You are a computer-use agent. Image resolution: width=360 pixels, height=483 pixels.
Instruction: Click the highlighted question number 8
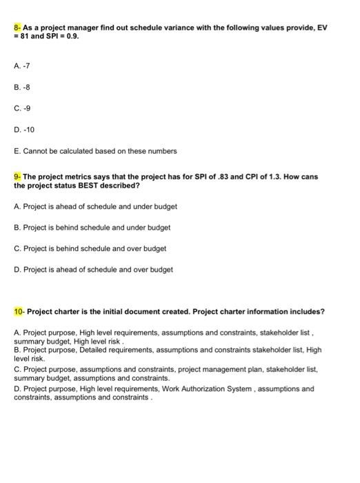[17, 27]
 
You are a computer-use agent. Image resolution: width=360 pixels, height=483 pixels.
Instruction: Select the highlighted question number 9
[17, 177]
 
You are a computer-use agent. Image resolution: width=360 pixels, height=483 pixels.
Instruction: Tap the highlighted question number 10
[19, 312]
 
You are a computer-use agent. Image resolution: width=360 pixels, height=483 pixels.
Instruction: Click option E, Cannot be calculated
[95, 150]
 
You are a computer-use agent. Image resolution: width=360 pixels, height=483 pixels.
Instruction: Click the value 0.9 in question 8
[72, 36]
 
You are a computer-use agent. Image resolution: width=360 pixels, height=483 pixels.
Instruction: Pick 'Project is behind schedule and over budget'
[90, 248]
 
